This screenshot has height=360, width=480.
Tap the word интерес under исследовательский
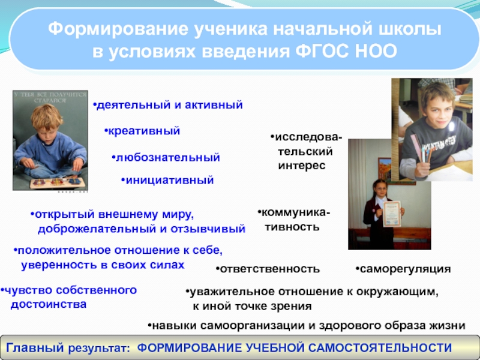(302, 166)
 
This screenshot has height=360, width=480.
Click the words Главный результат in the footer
(66, 348)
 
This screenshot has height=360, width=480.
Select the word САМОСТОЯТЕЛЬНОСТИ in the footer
(380, 348)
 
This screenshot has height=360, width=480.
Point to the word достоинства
(49, 305)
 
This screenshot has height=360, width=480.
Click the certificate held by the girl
(392, 214)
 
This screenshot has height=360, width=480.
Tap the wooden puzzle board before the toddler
(58, 183)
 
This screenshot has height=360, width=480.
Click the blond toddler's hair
(47, 116)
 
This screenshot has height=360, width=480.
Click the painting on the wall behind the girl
(385, 168)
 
